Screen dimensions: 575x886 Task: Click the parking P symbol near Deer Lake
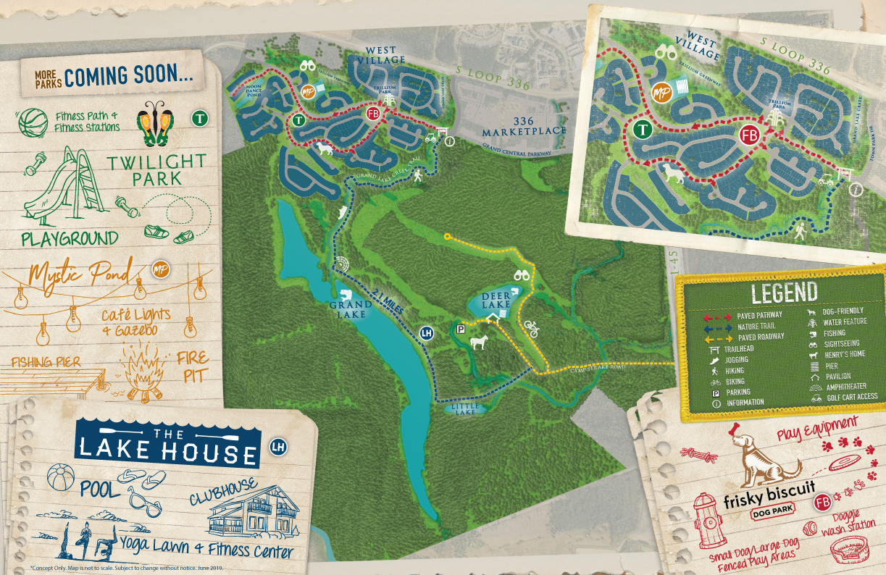pyautogui.click(x=461, y=330)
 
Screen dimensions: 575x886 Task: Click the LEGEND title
pyautogui.click(x=784, y=293)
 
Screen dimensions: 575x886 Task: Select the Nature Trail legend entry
pyautogui.click(x=757, y=327)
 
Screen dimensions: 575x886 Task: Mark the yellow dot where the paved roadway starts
pyautogui.click(x=447, y=236)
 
